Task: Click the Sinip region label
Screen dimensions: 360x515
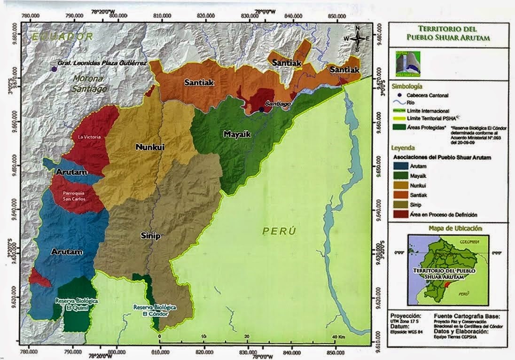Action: (x=150, y=236)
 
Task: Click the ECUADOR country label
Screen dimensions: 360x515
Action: (x=60, y=36)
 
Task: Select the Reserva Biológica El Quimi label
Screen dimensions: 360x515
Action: (x=74, y=304)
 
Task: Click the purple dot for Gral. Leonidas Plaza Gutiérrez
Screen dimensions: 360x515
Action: (x=54, y=69)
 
